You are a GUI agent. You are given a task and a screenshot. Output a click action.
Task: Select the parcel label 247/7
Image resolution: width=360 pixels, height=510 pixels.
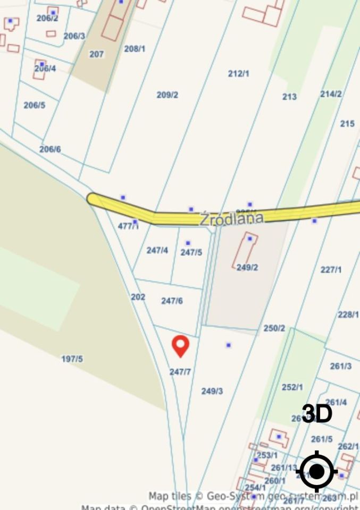click(x=180, y=372)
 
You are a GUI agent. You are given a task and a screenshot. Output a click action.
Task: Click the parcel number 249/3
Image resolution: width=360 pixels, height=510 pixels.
click(x=212, y=391)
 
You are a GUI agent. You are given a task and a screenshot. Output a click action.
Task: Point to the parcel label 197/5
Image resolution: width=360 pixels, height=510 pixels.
click(x=72, y=359)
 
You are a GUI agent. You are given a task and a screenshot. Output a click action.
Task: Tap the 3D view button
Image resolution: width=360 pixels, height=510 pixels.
click(x=317, y=414)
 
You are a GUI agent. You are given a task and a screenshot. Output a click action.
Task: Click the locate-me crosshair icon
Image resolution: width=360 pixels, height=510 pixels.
click(x=316, y=471)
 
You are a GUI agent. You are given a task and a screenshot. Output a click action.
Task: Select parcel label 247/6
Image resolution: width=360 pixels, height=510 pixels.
click(x=172, y=301)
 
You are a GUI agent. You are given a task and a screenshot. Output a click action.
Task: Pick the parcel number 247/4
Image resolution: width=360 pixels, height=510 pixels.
click(x=157, y=250)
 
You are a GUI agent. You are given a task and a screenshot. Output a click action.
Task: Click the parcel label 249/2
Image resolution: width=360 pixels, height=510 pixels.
click(x=247, y=267)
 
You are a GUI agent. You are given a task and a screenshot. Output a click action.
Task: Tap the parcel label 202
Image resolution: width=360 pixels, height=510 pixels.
click(x=138, y=296)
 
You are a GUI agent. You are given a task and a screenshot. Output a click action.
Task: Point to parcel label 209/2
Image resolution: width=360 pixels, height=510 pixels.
click(x=167, y=95)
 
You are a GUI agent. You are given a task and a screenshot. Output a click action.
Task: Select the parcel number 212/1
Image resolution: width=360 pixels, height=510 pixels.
click(x=238, y=74)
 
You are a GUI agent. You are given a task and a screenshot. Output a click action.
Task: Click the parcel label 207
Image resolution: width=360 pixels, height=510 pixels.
click(x=96, y=54)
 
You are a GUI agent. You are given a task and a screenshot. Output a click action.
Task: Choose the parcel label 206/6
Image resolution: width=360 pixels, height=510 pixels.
click(x=50, y=149)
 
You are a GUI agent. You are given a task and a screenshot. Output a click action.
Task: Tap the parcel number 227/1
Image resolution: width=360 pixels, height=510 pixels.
click(x=331, y=270)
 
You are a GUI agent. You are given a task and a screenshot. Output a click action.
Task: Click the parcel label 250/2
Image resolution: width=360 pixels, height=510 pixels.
click(x=274, y=328)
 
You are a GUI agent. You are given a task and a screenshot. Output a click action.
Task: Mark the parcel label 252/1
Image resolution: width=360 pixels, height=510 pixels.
click(x=292, y=387)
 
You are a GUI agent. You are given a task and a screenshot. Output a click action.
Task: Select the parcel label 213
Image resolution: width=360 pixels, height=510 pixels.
click(x=289, y=96)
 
